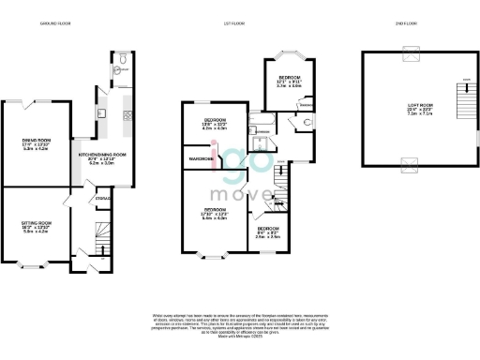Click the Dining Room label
pos(37,144)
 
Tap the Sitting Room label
pos(37,226)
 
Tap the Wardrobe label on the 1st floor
pos(200,159)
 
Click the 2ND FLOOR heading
pos(411,22)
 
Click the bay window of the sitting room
pos(37,269)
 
